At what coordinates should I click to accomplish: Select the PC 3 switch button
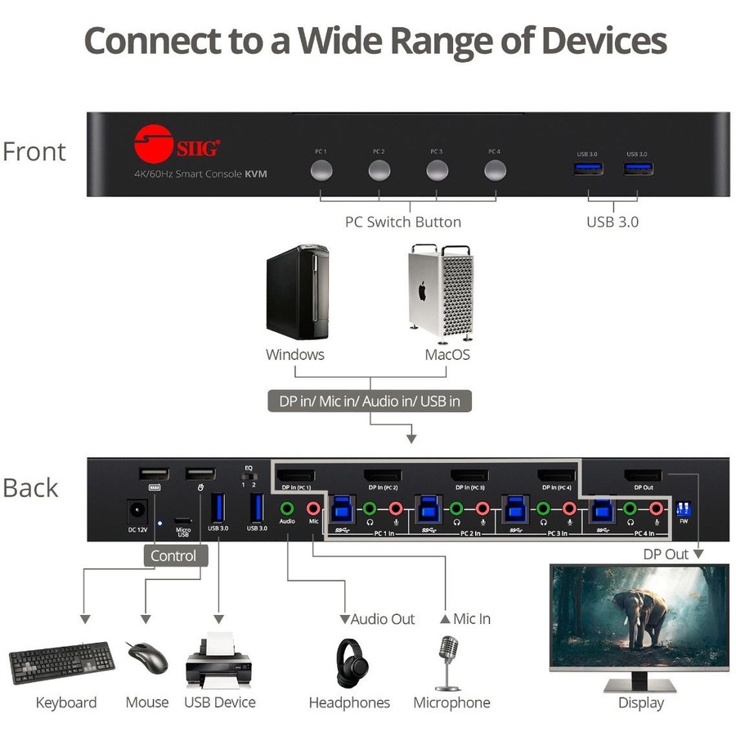437,171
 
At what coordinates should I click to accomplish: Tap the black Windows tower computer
297,292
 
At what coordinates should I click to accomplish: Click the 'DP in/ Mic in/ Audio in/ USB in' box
370,401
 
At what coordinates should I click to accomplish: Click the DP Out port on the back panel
644,475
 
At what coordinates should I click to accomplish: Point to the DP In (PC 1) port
296,475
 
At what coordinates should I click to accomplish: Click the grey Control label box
173,556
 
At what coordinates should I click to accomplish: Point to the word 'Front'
34,152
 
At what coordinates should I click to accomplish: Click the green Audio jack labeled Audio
287,508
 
